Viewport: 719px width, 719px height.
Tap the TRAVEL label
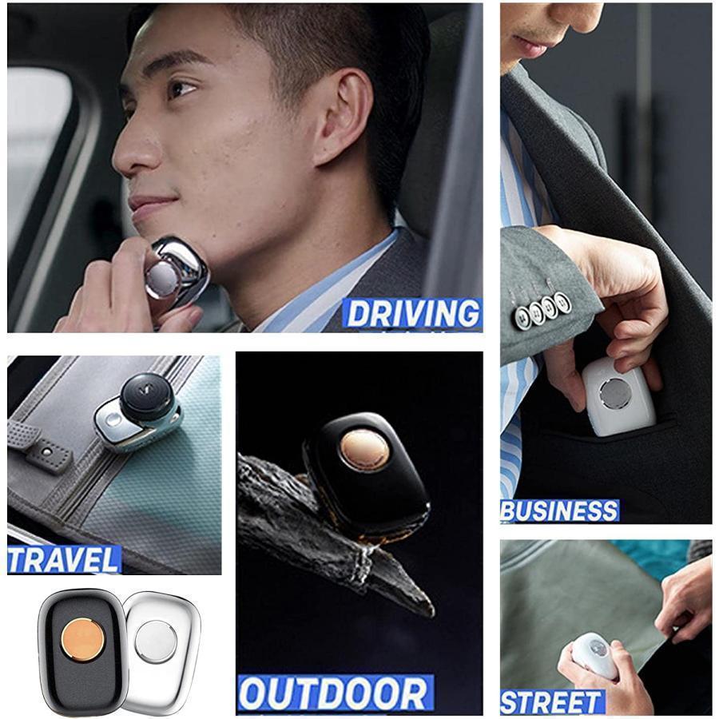63,560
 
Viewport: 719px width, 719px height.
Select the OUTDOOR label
334,693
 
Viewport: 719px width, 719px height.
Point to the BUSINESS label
559,510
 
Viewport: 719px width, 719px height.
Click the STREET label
550,702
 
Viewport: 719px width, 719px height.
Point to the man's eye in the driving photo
181,89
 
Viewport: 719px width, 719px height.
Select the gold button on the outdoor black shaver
365,450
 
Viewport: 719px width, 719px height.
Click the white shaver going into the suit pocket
618,396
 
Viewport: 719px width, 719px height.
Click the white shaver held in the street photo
595,655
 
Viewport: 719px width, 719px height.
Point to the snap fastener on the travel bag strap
46,451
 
